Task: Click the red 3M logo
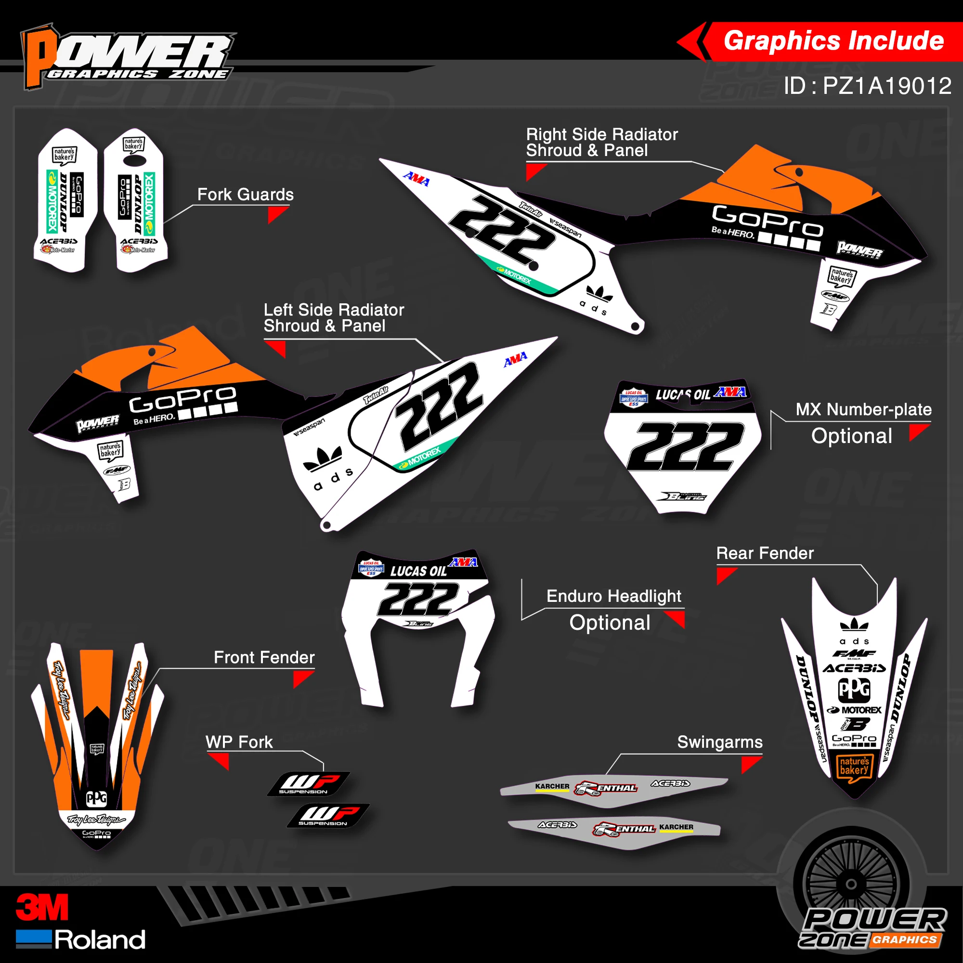(x=42, y=908)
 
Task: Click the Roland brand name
(x=100, y=940)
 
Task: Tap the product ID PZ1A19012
(x=867, y=86)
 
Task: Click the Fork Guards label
(x=245, y=195)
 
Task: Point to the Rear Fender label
(x=765, y=553)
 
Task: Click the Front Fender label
(x=264, y=657)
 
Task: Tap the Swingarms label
(x=720, y=742)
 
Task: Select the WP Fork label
(x=239, y=742)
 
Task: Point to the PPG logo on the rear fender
(x=854, y=690)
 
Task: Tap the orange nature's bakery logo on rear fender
(x=854, y=766)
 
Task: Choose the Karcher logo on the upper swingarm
(x=552, y=787)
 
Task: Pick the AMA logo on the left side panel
(x=515, y=359)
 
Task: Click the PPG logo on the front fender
(x=97, y=798)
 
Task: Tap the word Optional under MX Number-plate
(x=851, y=436)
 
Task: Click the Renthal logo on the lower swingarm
(x=624, y=829)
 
